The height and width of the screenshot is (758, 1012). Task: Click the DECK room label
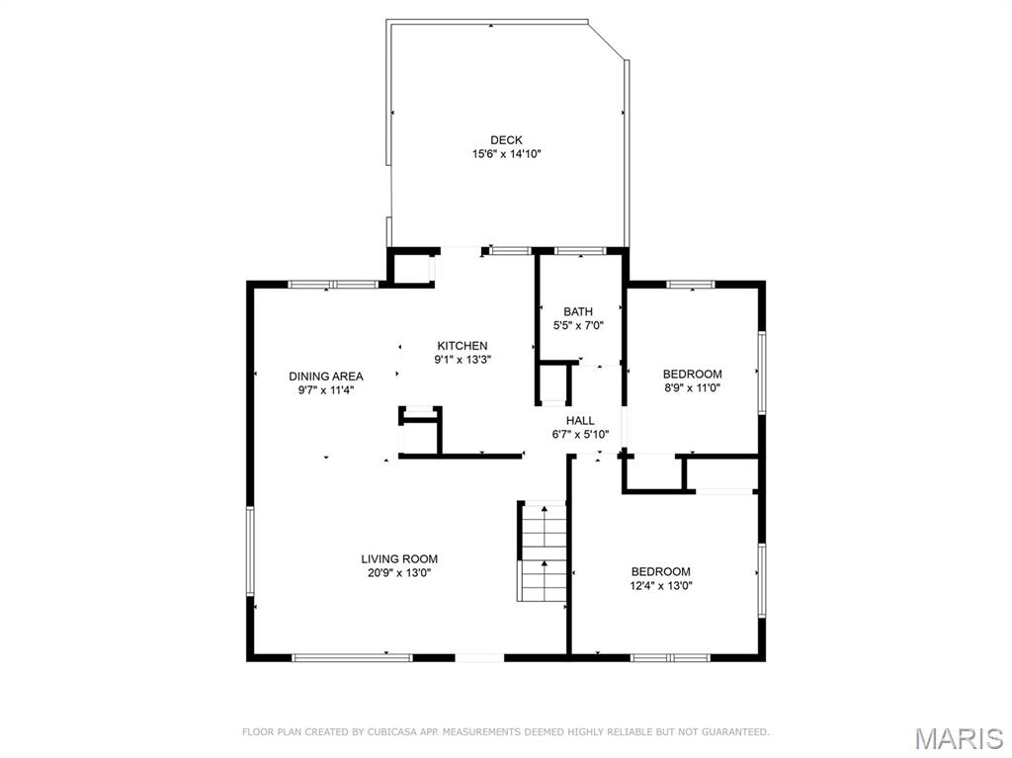(506, 140)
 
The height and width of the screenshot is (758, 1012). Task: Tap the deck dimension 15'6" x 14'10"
(506, 154)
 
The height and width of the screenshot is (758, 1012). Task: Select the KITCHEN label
(463, 346)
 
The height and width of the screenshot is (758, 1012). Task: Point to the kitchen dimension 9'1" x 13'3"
(463, 360)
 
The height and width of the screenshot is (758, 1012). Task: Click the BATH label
(578, 312)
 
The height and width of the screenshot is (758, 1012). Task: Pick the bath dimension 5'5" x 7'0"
(578, 325)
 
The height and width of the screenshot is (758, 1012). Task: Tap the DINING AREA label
(325, 377)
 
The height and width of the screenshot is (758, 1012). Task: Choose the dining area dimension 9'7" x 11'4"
(325, 390)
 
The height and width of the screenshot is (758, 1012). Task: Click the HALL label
(580, 420)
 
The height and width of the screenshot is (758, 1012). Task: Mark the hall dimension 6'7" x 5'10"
(580, 434)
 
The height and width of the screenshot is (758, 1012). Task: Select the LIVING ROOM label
(399, 559)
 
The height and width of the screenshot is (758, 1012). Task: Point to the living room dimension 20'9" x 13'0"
(399, 572)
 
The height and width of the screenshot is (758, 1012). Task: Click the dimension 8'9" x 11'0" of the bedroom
(692, 388)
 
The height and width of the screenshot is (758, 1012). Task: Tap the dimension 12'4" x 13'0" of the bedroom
(661, 585)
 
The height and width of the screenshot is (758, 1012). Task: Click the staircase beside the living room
(543, 551)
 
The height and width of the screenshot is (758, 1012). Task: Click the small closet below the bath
(554, 383)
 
